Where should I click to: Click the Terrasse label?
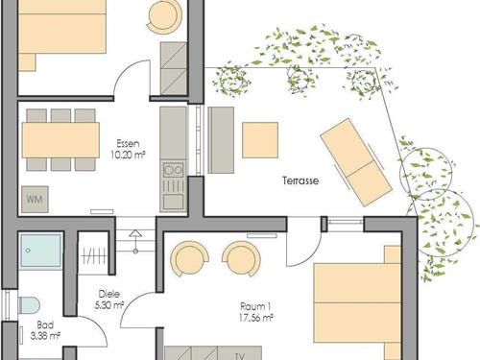300,180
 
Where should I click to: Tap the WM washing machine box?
35,200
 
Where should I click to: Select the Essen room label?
128,143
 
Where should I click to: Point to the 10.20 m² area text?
128,156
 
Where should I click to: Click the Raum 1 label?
255,306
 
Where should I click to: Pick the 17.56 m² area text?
255,318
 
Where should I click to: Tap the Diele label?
109,294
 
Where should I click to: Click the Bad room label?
45,325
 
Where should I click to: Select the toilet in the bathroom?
29,305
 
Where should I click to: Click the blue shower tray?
40,251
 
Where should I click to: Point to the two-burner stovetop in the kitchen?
173,170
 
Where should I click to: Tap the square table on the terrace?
260,140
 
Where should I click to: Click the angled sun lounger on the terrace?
356,162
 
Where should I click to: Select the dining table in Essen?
60,140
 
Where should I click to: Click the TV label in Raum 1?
240,356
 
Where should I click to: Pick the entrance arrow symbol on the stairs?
135,241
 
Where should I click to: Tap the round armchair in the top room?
164,16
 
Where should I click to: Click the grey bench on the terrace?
221,140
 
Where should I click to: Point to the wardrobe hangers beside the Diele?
94,255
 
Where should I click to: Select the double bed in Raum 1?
357,302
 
